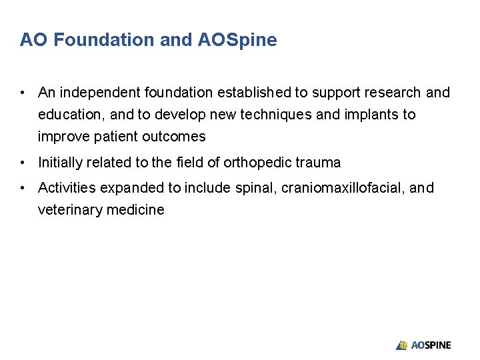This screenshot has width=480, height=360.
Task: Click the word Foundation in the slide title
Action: pos(104,40)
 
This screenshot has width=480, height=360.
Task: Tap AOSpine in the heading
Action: pos(237,40)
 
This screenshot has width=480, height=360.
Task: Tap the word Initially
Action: pos(61,162)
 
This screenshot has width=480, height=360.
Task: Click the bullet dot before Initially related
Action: pos(23,162)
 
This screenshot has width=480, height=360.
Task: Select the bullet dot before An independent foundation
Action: pos(23,92)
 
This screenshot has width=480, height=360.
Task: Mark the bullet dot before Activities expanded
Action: pos(23,188)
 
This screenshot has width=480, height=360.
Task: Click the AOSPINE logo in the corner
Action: pos(423,345)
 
